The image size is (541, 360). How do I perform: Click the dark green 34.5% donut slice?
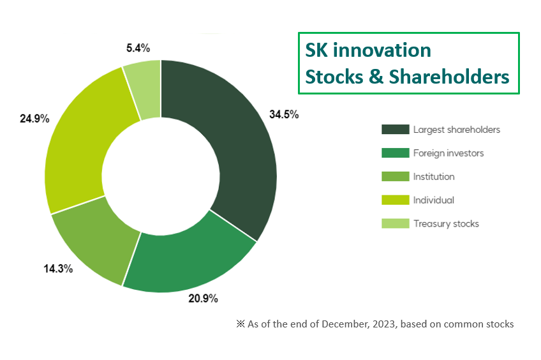(239, 153)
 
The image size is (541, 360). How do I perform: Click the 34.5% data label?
(284, 115)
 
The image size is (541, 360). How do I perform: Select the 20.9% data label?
(204, 298)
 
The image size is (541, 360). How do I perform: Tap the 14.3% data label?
(57, 269)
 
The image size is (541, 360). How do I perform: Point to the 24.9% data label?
(34, 119)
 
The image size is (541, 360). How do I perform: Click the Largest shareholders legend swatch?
(395, 130)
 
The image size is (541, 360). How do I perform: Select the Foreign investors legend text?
(448, 153)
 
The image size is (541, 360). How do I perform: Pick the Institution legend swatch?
(395, 177)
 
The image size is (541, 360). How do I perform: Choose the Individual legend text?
(434, 200)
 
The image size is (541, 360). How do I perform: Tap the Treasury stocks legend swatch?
(395, 223)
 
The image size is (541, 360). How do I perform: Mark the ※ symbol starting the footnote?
(241, 324)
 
